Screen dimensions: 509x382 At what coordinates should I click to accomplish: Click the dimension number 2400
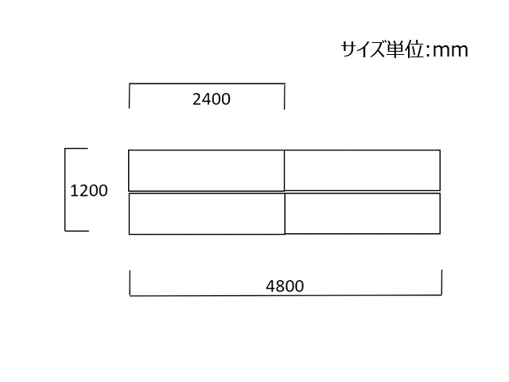point(212,99)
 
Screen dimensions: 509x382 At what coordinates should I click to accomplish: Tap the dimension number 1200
point(88,191)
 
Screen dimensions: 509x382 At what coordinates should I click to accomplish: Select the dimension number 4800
point(285,286)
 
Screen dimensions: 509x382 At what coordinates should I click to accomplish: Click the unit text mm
point(450,51)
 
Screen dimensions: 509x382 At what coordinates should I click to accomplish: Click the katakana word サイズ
point(363,49)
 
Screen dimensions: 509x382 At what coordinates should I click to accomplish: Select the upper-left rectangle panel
point(207,170)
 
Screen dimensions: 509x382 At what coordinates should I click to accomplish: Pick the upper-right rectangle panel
point(363,170)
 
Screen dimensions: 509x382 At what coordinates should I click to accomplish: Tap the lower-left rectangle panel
point(207,214)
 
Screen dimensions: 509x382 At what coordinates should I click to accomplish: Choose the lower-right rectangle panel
point(363,213)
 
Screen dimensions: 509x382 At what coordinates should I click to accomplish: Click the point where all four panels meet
point(285,192)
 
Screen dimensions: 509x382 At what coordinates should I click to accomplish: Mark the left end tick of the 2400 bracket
point(129,95)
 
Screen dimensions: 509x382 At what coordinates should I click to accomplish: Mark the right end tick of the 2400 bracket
point(285,96)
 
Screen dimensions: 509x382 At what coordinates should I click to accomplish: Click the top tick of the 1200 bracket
point(76,149)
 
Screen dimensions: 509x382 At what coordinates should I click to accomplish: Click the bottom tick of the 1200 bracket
point(77,231)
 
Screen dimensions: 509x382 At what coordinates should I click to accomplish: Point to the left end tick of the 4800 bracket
point(130,283)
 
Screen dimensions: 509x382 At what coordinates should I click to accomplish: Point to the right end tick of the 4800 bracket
point(441,283)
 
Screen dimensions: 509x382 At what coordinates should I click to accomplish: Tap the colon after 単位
point(427,51)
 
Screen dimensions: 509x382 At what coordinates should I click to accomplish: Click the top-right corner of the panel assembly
point(440,150)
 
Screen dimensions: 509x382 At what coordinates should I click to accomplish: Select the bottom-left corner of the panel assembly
point(129,234)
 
